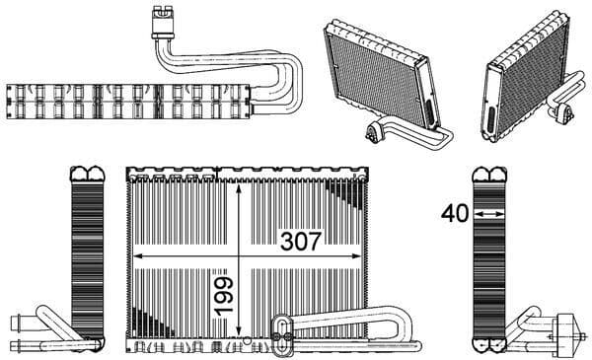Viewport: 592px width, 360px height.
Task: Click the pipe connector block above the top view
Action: pyautogui.click(x=162, y=18)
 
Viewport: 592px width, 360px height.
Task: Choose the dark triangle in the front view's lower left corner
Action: pyautogui.click(x=143, y=322)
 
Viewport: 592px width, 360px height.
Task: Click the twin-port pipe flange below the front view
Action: pyautogui.click(x=281, y=327)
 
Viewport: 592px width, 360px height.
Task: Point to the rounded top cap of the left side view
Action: pyautogui.click(x=88, y=175)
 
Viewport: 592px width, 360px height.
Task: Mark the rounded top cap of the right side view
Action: pyautogui.click(x=488, y=175)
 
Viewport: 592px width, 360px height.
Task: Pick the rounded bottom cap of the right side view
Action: pyautogui.click(x=488, y=344)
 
